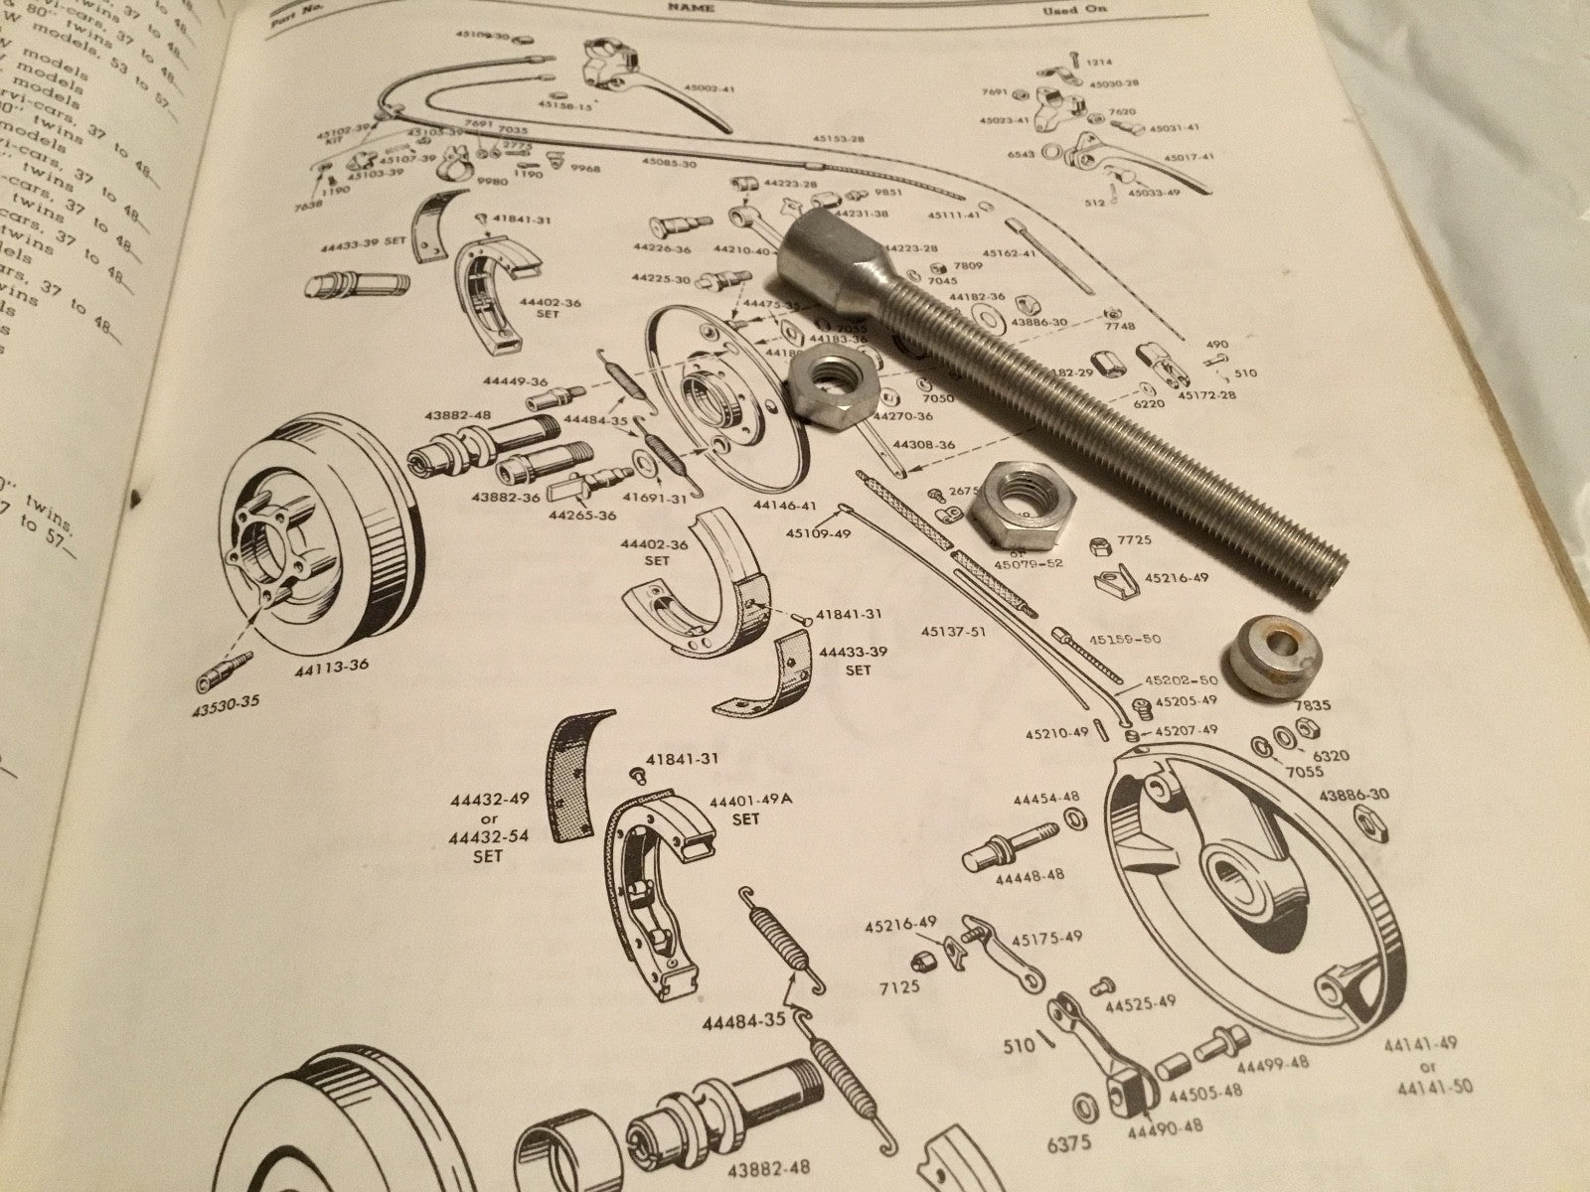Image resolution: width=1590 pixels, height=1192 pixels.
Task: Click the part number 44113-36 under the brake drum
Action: click(x=332, y=667)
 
